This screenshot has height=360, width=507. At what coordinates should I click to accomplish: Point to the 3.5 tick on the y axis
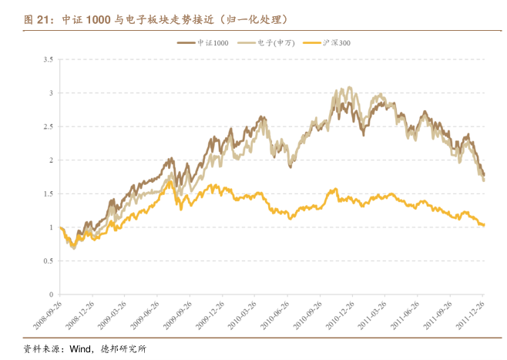click(48, 59)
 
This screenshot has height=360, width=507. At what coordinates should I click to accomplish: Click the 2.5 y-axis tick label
click(48, 126)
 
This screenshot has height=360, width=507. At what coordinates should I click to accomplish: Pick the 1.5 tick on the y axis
click(48, 193)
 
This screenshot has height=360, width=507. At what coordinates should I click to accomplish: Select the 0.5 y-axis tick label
click(48, 261)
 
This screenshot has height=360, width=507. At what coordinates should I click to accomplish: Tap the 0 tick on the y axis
click(51, 294)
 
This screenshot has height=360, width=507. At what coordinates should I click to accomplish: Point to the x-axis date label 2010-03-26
click(242, 315)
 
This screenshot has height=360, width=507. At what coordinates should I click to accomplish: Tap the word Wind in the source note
click(81, 348)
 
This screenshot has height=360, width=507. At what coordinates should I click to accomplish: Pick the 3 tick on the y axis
click(51, 93)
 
